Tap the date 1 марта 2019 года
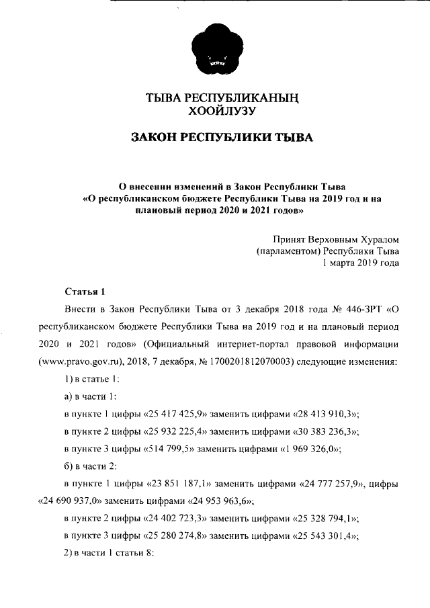point(361,263)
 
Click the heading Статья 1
point(85,292)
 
